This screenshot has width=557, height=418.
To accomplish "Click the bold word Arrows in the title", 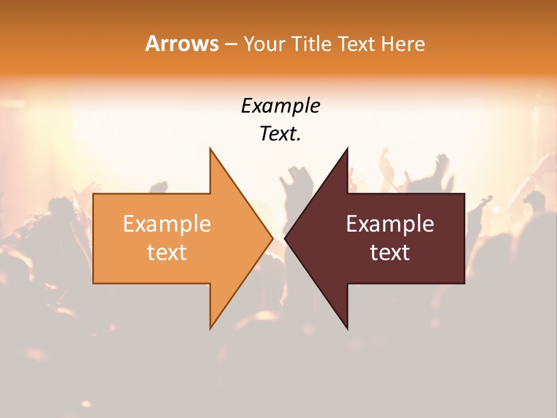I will [182, 44].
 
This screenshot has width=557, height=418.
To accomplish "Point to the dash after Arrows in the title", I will [230, 45].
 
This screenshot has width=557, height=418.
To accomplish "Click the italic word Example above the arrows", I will [280, 106].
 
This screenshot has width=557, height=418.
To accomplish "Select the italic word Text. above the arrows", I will [280, 134].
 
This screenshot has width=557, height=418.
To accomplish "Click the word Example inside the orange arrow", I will [167, 224].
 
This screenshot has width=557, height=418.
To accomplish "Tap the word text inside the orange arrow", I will [167, 252].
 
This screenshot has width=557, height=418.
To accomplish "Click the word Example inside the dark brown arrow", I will [390, 224].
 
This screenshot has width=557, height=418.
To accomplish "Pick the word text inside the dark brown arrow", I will [390, 252].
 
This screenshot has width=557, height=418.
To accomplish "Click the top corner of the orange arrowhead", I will [211, 149].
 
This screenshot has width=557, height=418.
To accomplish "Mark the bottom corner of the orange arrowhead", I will [211, 327].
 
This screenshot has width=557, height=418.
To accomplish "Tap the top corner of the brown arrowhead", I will [347, 149].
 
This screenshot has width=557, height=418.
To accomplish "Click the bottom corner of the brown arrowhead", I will [347, 327].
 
